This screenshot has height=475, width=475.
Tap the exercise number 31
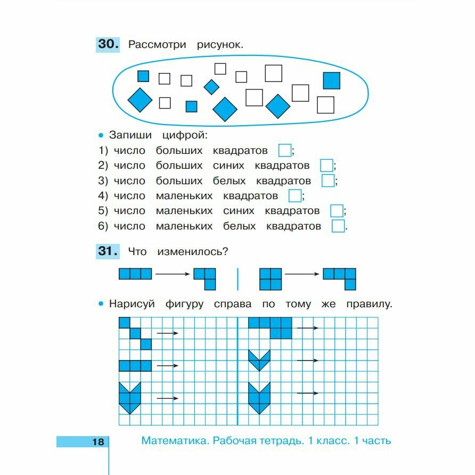(108, 251)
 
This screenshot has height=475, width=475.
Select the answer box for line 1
(285, 150)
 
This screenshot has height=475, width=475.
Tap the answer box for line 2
(326, 166)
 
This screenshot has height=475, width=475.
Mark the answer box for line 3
(328, 181)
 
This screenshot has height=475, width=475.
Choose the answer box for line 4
(295, 196)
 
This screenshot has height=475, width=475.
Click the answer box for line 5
(337, 211)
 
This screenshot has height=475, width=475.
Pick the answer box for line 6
(338, 226)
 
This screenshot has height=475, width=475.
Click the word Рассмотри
(157, 45)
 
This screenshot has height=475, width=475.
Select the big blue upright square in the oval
(331, 80)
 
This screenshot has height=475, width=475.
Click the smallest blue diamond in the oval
(211, 87)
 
